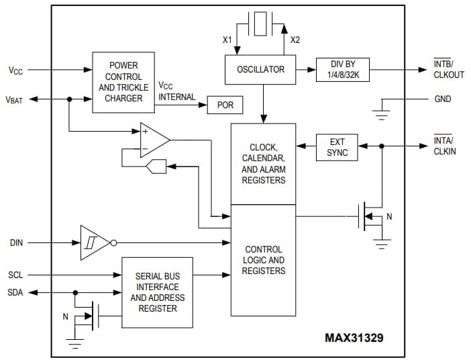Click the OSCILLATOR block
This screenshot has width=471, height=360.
point(260,69)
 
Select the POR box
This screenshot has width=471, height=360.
point(225,105)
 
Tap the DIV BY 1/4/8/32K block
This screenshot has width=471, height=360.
point(342,69)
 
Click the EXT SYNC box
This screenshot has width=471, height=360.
point(337,148)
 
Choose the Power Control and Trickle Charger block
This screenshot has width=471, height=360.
point(123,82)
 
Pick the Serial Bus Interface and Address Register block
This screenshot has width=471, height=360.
point(156,292)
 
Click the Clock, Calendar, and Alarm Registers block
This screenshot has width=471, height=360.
point(263,164)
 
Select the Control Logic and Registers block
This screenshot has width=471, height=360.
point(263,260)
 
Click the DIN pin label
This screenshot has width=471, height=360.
point(17,242)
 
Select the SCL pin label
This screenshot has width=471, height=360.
point(17,275)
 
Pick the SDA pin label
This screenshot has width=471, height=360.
point(17,292)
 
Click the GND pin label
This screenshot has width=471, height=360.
point(443,99)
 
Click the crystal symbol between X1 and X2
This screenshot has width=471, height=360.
point(259,25)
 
